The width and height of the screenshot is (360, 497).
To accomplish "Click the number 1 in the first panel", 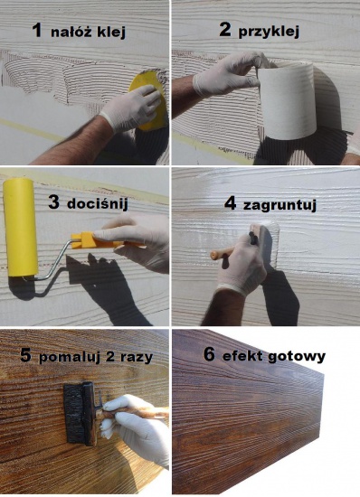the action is (38, 31).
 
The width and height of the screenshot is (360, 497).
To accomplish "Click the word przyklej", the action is (269, 33).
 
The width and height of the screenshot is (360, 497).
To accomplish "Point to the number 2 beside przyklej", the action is (225, 31).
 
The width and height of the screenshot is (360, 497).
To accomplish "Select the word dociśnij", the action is (98, 204).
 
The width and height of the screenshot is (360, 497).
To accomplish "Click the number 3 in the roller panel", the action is (54, 202).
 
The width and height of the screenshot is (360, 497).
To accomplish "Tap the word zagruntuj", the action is (279, 205).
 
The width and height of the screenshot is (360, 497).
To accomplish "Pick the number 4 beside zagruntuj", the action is (231, 203).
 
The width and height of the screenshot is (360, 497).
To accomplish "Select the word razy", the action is (137, 358).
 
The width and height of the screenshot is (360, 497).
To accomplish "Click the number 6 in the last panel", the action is (209, 354).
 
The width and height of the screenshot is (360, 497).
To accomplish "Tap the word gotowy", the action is (297, 356).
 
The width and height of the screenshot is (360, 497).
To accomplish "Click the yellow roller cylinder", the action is (21, 227).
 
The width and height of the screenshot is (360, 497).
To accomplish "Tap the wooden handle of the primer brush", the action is (222, 253).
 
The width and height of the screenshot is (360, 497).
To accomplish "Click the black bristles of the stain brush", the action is (73, 413).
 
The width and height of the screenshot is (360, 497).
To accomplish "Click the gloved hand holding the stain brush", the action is (136, 425).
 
